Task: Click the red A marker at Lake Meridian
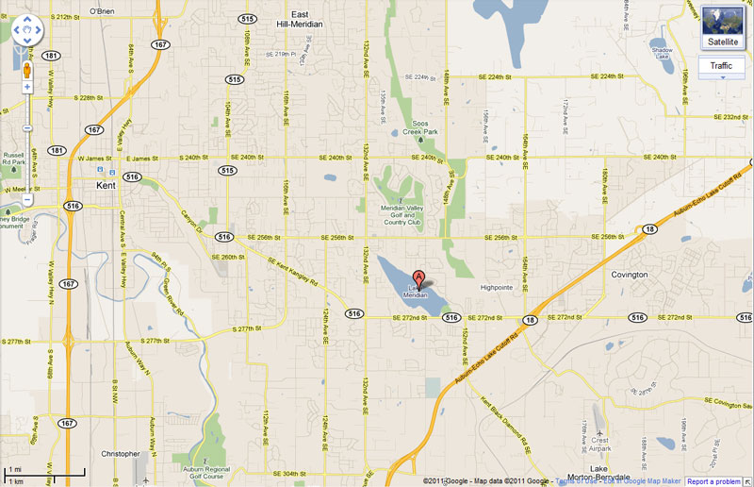pyautogui.click(x=419, y=277)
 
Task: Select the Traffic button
pyautogui.click(x=721, y=65)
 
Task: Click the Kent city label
pyautogui.click(x=107, y=186)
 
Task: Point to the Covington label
pyautogui.click(x=629, y=275)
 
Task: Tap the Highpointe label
pyautogui.click(x=496, y=286)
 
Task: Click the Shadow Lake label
pyautogui.click(x=663, y=53)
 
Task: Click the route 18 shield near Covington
pyautogui.click(x=649, y=229)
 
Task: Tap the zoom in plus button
pyautogui.click(x=27, y=87)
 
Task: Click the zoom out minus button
pyautogui.click(x=27, y=199)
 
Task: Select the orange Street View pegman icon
pyautogui.click(x=27, y=70)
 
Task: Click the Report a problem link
pyautogui.click(x=713, y=481)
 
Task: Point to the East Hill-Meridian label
pyautogui.click(x=299, y=19)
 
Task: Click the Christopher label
pyautogui.click(x=120, y=453)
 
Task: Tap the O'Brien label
pyautogui.click(x=101, y=11)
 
